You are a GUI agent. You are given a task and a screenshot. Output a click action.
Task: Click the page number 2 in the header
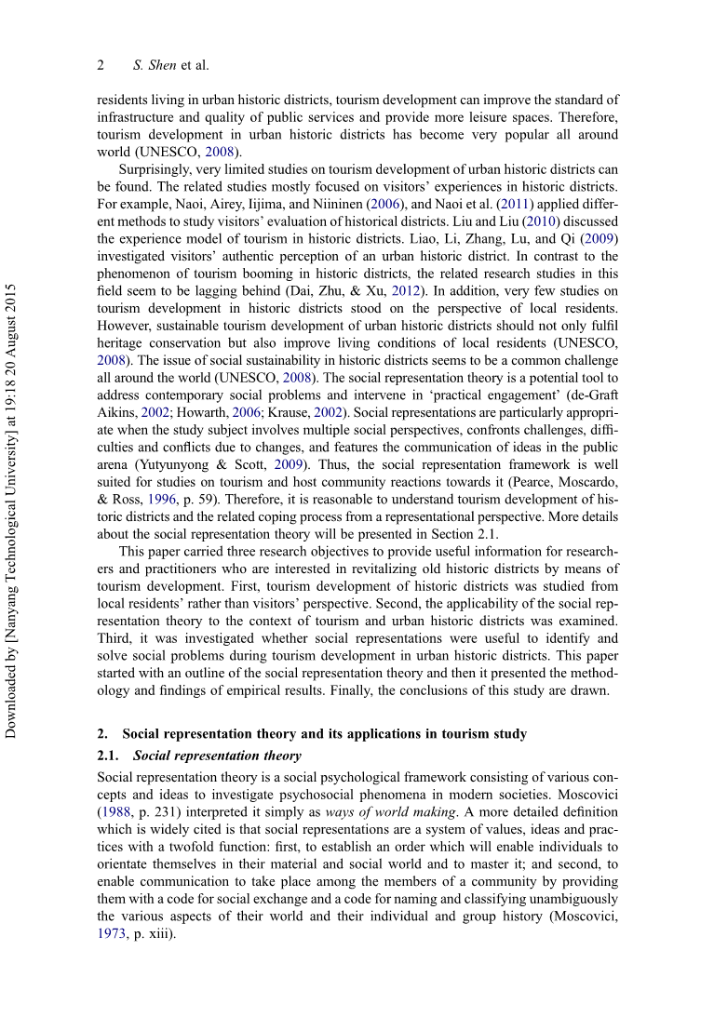point(101,65)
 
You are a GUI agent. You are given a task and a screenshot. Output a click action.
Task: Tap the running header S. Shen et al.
point(171,65)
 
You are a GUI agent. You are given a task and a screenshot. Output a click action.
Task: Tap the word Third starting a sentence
point(115,638)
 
